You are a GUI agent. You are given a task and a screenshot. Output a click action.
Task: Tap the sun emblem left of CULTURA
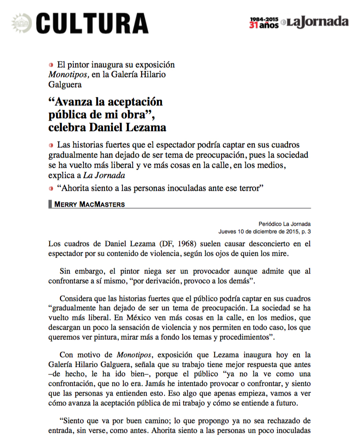(x=21, y=22)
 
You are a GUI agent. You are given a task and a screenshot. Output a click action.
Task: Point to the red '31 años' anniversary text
(x=264, y=26)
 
